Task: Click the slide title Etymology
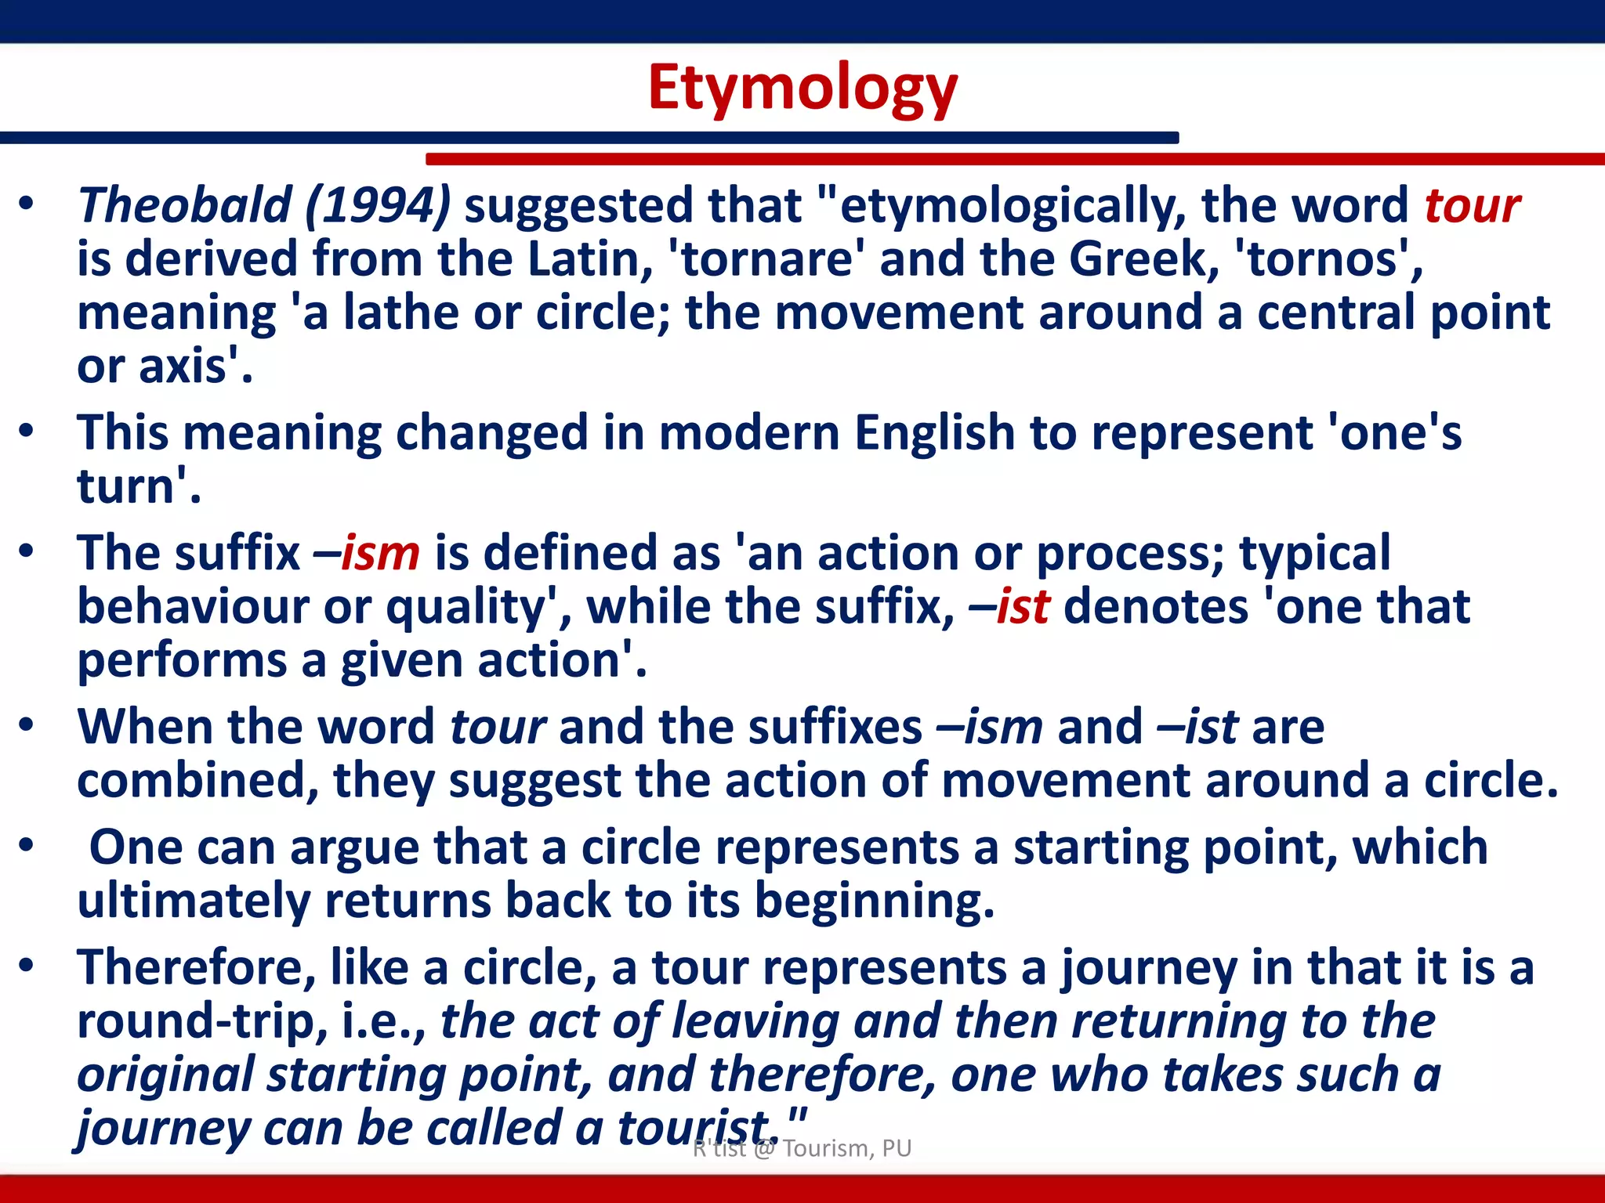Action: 802,89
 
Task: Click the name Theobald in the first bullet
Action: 185,206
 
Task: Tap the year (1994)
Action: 378,206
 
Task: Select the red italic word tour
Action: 1472,206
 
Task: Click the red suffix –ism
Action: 367,553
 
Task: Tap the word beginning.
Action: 873,901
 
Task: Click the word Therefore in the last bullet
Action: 196,967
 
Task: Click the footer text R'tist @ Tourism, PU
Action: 802,1148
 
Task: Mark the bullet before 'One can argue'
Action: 27,847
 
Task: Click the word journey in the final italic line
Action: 161,1128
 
